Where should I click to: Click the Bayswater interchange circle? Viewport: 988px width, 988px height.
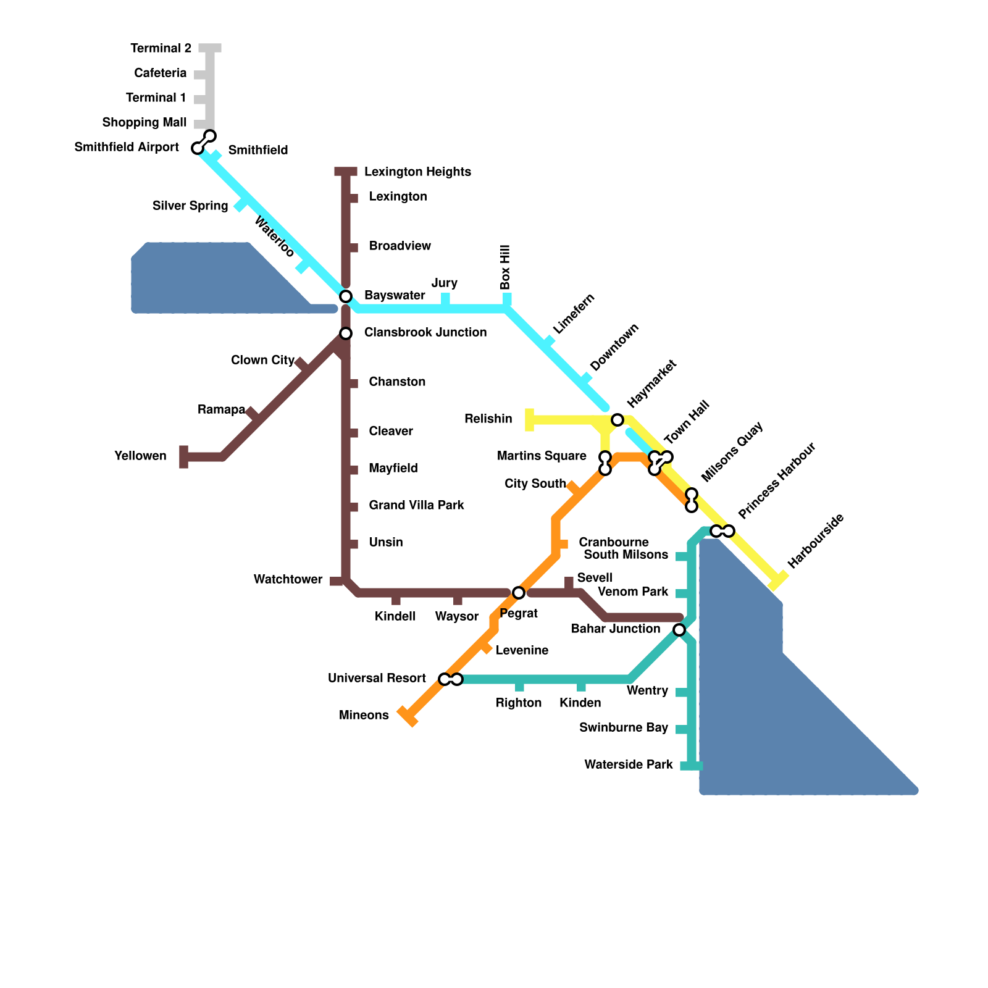tap(346, 296)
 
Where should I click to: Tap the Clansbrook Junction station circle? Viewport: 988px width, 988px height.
tap(346, 333)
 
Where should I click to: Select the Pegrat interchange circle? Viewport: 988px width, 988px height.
tap(519, 593)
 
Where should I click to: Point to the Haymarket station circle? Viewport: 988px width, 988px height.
tap(617, 420)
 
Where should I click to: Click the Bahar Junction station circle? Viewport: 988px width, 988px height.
tap(679, 630)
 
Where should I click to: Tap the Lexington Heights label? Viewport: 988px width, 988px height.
tap(417, 172)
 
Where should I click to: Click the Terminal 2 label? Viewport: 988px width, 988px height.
tap(161, 48)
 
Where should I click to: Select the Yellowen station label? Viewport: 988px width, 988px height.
tap(140, 456)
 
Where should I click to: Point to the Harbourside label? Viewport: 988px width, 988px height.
tap(816, 541)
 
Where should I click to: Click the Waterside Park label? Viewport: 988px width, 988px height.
tap(629, 764)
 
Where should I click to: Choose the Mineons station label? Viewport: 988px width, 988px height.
tap(364, 715)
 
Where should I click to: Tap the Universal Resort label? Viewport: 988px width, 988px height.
tap(377, 678)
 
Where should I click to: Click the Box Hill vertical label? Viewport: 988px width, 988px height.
tap(505, 267)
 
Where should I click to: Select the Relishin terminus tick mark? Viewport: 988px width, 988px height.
tap(529, 420)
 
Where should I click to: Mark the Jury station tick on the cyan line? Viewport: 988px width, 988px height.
tap(445, 300)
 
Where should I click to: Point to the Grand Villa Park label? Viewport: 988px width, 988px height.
tap(416, 505)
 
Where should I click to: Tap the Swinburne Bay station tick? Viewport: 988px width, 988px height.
tap(682, 729)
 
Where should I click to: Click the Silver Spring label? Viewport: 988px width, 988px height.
tap(190, 206)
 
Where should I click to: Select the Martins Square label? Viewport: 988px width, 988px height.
tap(542, 456)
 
